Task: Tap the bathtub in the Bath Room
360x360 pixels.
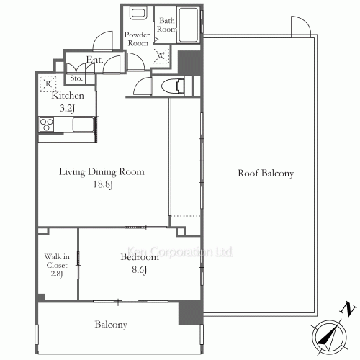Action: click(x=189, y=27)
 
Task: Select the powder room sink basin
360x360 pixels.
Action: click(x=137, y=14)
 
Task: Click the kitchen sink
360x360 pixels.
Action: click(x=82, y=124)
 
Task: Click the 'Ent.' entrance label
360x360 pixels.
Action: click(x=94, y=60)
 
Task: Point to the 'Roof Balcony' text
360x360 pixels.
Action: click(x=266, y=174)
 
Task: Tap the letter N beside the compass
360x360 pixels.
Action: click(x=348, y=310)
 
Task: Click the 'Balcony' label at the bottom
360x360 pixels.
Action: click(x=111, y=325)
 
